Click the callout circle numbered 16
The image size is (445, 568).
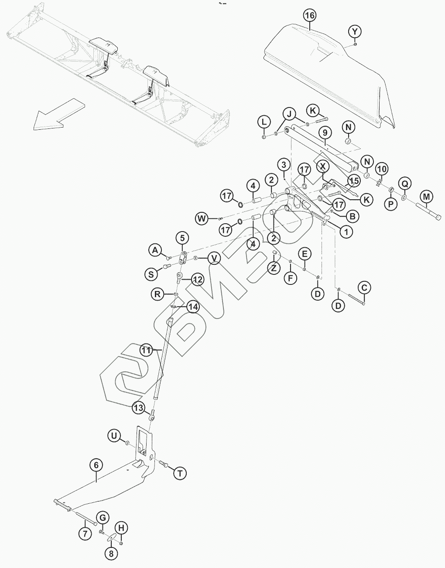click(309, 15)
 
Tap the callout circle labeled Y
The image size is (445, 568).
click(355, 31)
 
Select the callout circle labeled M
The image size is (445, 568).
click(427, 197)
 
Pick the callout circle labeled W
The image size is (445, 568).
click(202, 218)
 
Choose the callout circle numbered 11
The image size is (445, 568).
click(147, 350)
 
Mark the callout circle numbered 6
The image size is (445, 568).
click(96, 465)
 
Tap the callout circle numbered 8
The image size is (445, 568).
click(111, 553)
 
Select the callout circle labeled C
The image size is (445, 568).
click(364, 287)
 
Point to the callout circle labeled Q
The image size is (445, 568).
click(405, 184)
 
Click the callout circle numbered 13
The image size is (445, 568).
click(138, 408)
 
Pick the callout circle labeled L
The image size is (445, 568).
click(264, 122)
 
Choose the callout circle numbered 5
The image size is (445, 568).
click(182, 238)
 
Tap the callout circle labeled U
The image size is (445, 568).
click(114, 436)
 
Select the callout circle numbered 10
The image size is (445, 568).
click(381, 169)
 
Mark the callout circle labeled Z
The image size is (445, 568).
click(274, 268)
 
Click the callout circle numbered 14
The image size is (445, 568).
click(192, 307)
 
